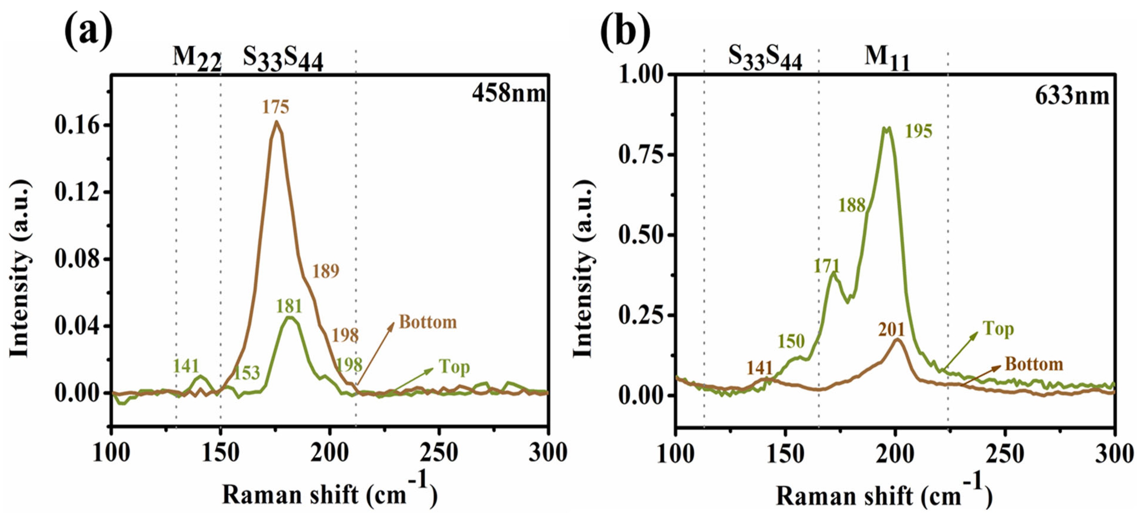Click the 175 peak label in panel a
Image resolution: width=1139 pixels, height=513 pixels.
tap(275, 107)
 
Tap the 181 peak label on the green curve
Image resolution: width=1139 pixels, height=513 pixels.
tap(289, 306)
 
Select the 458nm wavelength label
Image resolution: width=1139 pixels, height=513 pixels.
tap(508, 93)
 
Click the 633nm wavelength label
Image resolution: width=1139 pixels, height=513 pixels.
tap(1072, 96)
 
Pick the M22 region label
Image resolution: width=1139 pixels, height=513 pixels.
tap(196, 59)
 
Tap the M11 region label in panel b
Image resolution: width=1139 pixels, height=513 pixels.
tap(887, 59)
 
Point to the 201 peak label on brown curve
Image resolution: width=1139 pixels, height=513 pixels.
tap(891, 330)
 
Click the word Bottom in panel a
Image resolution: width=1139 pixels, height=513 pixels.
tap(428, 322)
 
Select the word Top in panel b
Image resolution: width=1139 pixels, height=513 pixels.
tap(998, 329)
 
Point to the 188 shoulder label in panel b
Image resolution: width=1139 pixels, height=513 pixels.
tap(852, 205)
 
